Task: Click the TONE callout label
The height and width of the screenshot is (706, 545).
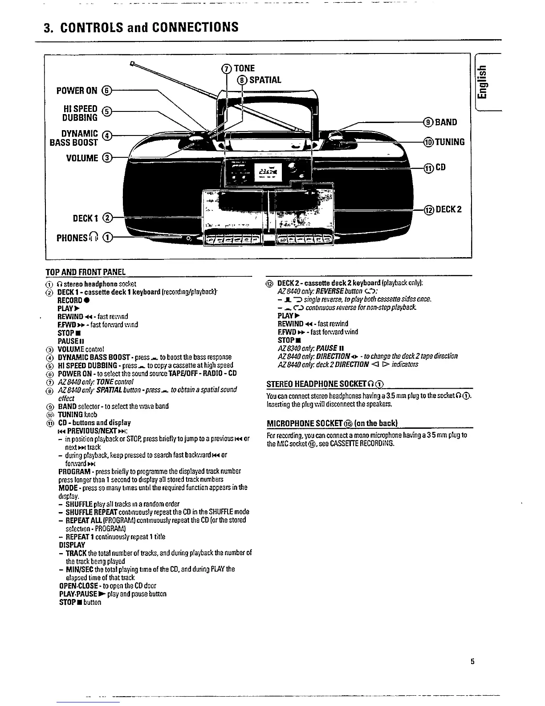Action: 244,68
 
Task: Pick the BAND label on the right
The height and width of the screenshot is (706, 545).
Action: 445,122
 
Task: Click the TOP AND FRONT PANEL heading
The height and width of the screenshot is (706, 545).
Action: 85,272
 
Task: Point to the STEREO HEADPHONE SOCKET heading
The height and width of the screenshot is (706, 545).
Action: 325,384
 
